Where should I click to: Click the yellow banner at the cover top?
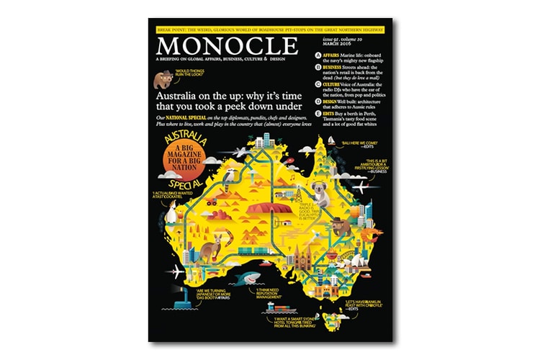270,29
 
